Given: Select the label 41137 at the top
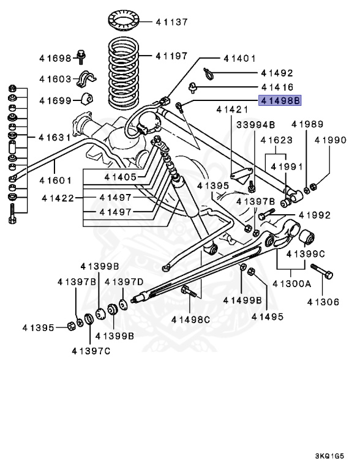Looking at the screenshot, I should (171, 22).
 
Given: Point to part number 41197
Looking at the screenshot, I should (171, 56).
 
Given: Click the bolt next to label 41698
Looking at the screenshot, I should (82, 56).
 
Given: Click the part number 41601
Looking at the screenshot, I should (56, 180).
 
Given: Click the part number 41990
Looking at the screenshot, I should (331, 140).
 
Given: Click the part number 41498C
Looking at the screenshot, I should (190, 319).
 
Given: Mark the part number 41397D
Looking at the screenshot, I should (124, 282).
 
